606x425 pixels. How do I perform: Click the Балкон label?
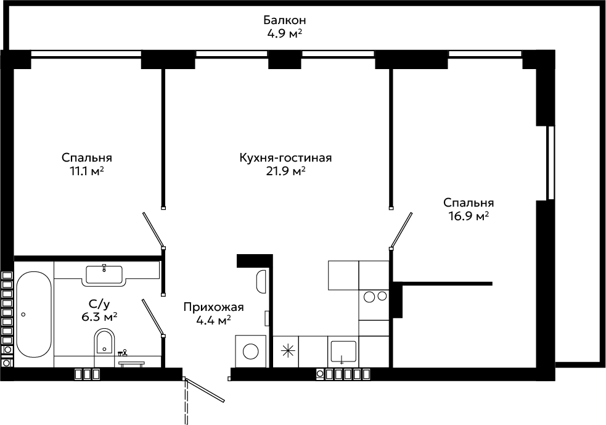click(284, 20)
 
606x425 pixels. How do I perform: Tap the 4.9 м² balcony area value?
click(284, 33)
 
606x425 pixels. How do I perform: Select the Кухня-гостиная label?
click(285, 158)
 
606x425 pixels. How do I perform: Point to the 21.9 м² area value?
click(285, 171)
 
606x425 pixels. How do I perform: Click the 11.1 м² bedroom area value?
click(86, 171)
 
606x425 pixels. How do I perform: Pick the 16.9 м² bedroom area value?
click(469, 215)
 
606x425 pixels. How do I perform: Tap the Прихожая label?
click(213, 307)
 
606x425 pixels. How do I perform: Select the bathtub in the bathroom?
click(34, 315)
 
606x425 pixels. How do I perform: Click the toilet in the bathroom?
click(104, 341)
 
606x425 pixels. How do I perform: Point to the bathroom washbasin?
click(104, 275)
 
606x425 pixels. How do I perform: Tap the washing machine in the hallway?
click(250, 351)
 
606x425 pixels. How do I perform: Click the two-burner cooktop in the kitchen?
click(374, 297)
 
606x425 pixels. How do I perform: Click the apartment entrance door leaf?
click(205, 390)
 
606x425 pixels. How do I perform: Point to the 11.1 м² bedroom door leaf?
click(154, 231)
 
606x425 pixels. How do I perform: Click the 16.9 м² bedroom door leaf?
click(401, 230)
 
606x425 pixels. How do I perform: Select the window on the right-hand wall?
click(551, 163)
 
